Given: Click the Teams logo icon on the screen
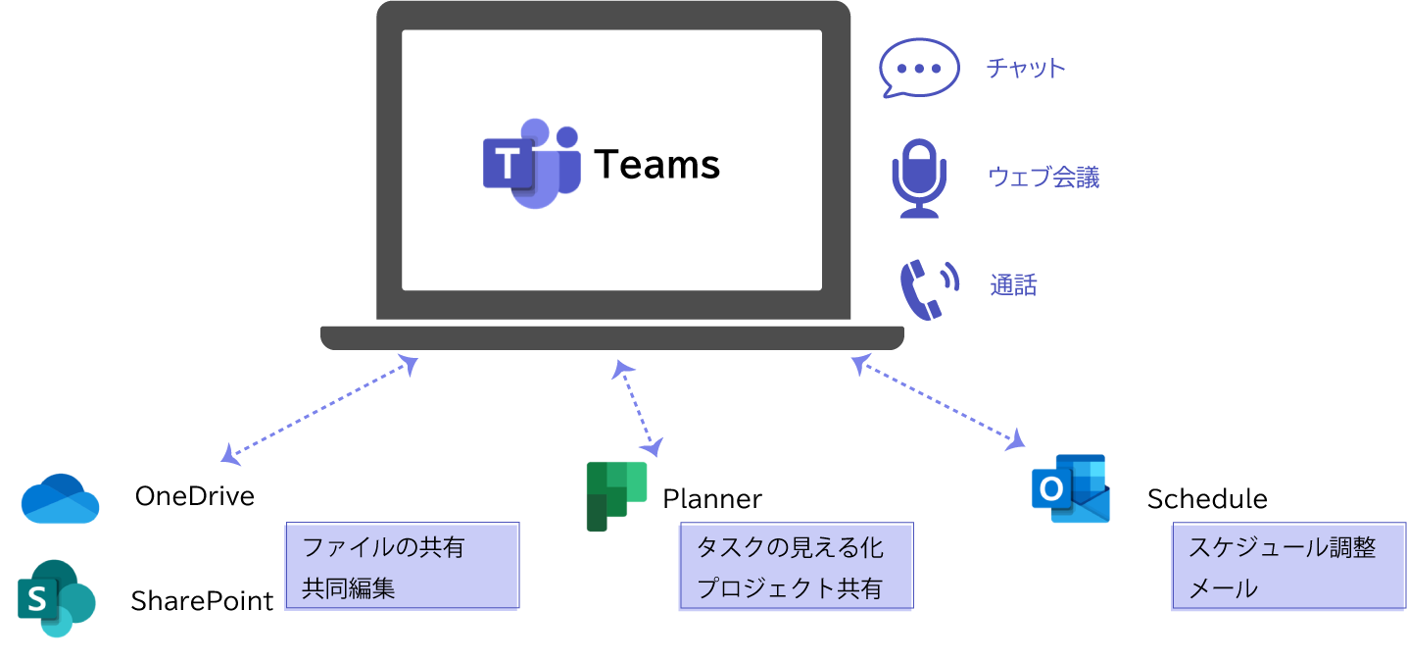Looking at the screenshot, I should (x=530, y=165).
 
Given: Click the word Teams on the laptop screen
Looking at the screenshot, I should (x=657, y=165).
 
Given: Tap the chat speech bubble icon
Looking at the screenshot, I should (x=919, y=69).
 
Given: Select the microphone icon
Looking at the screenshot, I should (x=918, y=178).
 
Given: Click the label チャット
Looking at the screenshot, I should (x=1026, y=69).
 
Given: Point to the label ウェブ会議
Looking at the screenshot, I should (x=1043, y=178).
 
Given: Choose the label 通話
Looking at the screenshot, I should (x=1013, y=286).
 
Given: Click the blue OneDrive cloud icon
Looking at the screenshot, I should (x=61, y=499).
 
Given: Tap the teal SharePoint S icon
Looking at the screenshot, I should (x=56, y=598).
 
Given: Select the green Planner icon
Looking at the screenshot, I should (x=616, y=495).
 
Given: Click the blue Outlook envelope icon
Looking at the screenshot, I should (x=1071, y=488).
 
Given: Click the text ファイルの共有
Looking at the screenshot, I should (x=383, y=547).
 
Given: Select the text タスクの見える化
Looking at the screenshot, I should (x=790, y=547).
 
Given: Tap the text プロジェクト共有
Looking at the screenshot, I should (x=790, y=588).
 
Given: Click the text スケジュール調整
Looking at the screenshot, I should (x=1282, y=547).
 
